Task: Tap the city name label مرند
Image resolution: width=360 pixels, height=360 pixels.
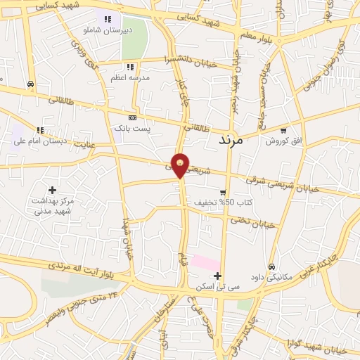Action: pyautogui.click(x=231, y=139)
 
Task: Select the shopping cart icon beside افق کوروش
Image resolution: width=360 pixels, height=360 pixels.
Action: pyautogui.click(x=283, y=130)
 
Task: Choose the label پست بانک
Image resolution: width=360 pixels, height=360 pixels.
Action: pyautogui.click(x=131, y=129)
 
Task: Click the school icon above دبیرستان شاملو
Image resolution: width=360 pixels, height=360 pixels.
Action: pyautogui.click(x=107, y=20)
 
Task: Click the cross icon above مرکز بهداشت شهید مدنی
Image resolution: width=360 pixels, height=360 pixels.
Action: pyautogui.click(x=52, y=189)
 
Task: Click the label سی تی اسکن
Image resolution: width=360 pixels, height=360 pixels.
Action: pyautogui.click(x=218, y=288)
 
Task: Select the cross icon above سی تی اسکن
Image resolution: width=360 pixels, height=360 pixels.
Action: pyautogui.click(x=219, y=276)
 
